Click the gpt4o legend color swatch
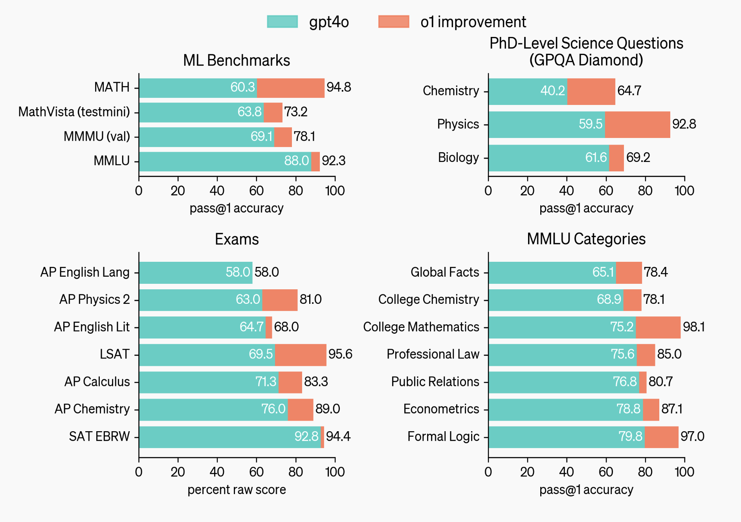tap(282, 22)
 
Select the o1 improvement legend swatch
tap(393, 22)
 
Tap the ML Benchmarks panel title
tap(237, 61)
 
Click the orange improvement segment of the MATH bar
tap(290, 88)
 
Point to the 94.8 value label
tap(339, 87)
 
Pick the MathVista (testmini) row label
tap(74, 112)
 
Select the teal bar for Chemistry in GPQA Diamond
tap(527, 91)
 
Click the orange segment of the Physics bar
tap(637, 125)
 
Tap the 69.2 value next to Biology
tap(638, 158)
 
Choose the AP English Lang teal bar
tap(195, 272)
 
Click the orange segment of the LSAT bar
tap(301, 355)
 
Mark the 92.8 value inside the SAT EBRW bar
tap(306, 436)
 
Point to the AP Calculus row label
tap(97, 382)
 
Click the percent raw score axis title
tap(237, 490)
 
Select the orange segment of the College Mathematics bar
tap(658, 327)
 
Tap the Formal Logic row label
tap(443, 436)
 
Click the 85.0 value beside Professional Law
tap(669, 354)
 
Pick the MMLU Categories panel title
tap(586, 239)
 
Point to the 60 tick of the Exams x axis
tap(256, 472)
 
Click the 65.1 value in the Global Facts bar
tap(603, 272)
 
